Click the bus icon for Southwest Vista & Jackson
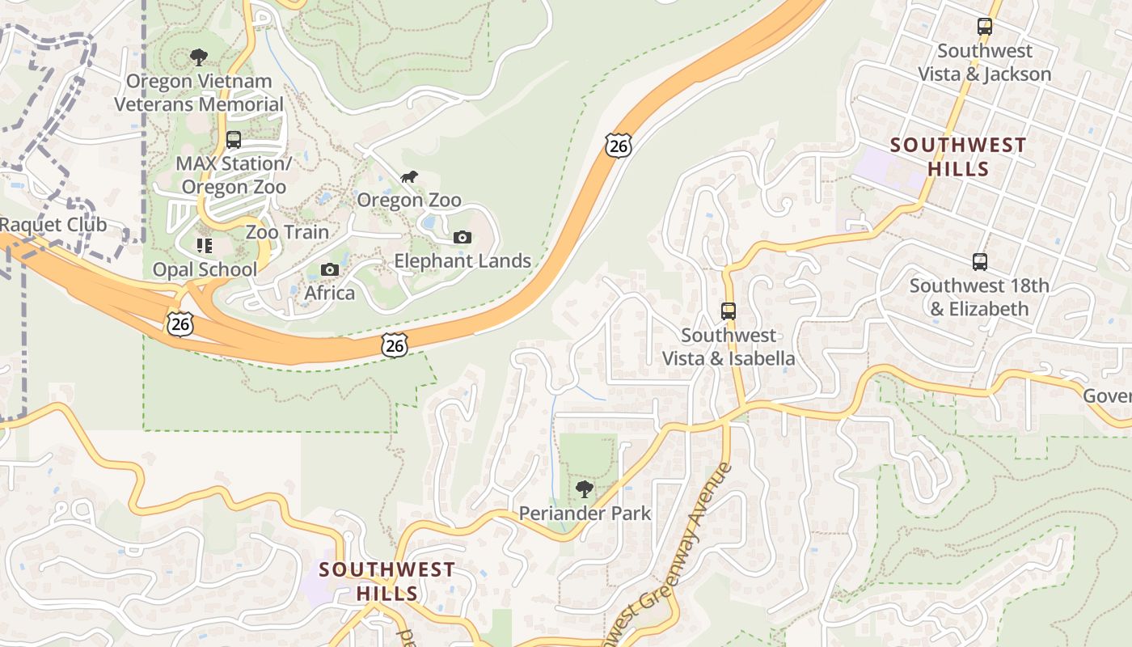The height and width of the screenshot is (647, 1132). point(984,27)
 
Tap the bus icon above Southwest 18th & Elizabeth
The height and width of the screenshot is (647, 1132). point(979,262)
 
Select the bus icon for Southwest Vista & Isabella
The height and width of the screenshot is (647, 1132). point(729,311)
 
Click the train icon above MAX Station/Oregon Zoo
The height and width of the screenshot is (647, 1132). point(234,140)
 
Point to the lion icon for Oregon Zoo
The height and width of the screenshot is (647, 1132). point(409,176)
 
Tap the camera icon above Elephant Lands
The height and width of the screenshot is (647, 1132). point(463,237)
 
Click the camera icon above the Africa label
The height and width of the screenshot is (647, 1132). point(329,269)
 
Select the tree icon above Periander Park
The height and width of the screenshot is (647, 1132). point(585,488)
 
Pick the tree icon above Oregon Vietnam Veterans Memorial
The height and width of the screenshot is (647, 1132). point(198,57)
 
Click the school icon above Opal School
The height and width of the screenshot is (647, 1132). point(205,245)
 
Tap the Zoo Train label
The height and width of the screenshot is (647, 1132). point(287,232)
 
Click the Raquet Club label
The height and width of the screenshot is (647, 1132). point(53,225)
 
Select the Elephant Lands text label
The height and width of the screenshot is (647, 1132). point(463,260)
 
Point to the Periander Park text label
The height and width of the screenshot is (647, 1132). point(585,513)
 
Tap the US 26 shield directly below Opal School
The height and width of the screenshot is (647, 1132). point(180,323)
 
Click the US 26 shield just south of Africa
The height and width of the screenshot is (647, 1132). point(395,345)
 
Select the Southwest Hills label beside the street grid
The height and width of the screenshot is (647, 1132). point(958,157)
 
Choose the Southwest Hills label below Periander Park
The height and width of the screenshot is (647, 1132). point(386,581)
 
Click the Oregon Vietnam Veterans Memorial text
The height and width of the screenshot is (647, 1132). point(199,92)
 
